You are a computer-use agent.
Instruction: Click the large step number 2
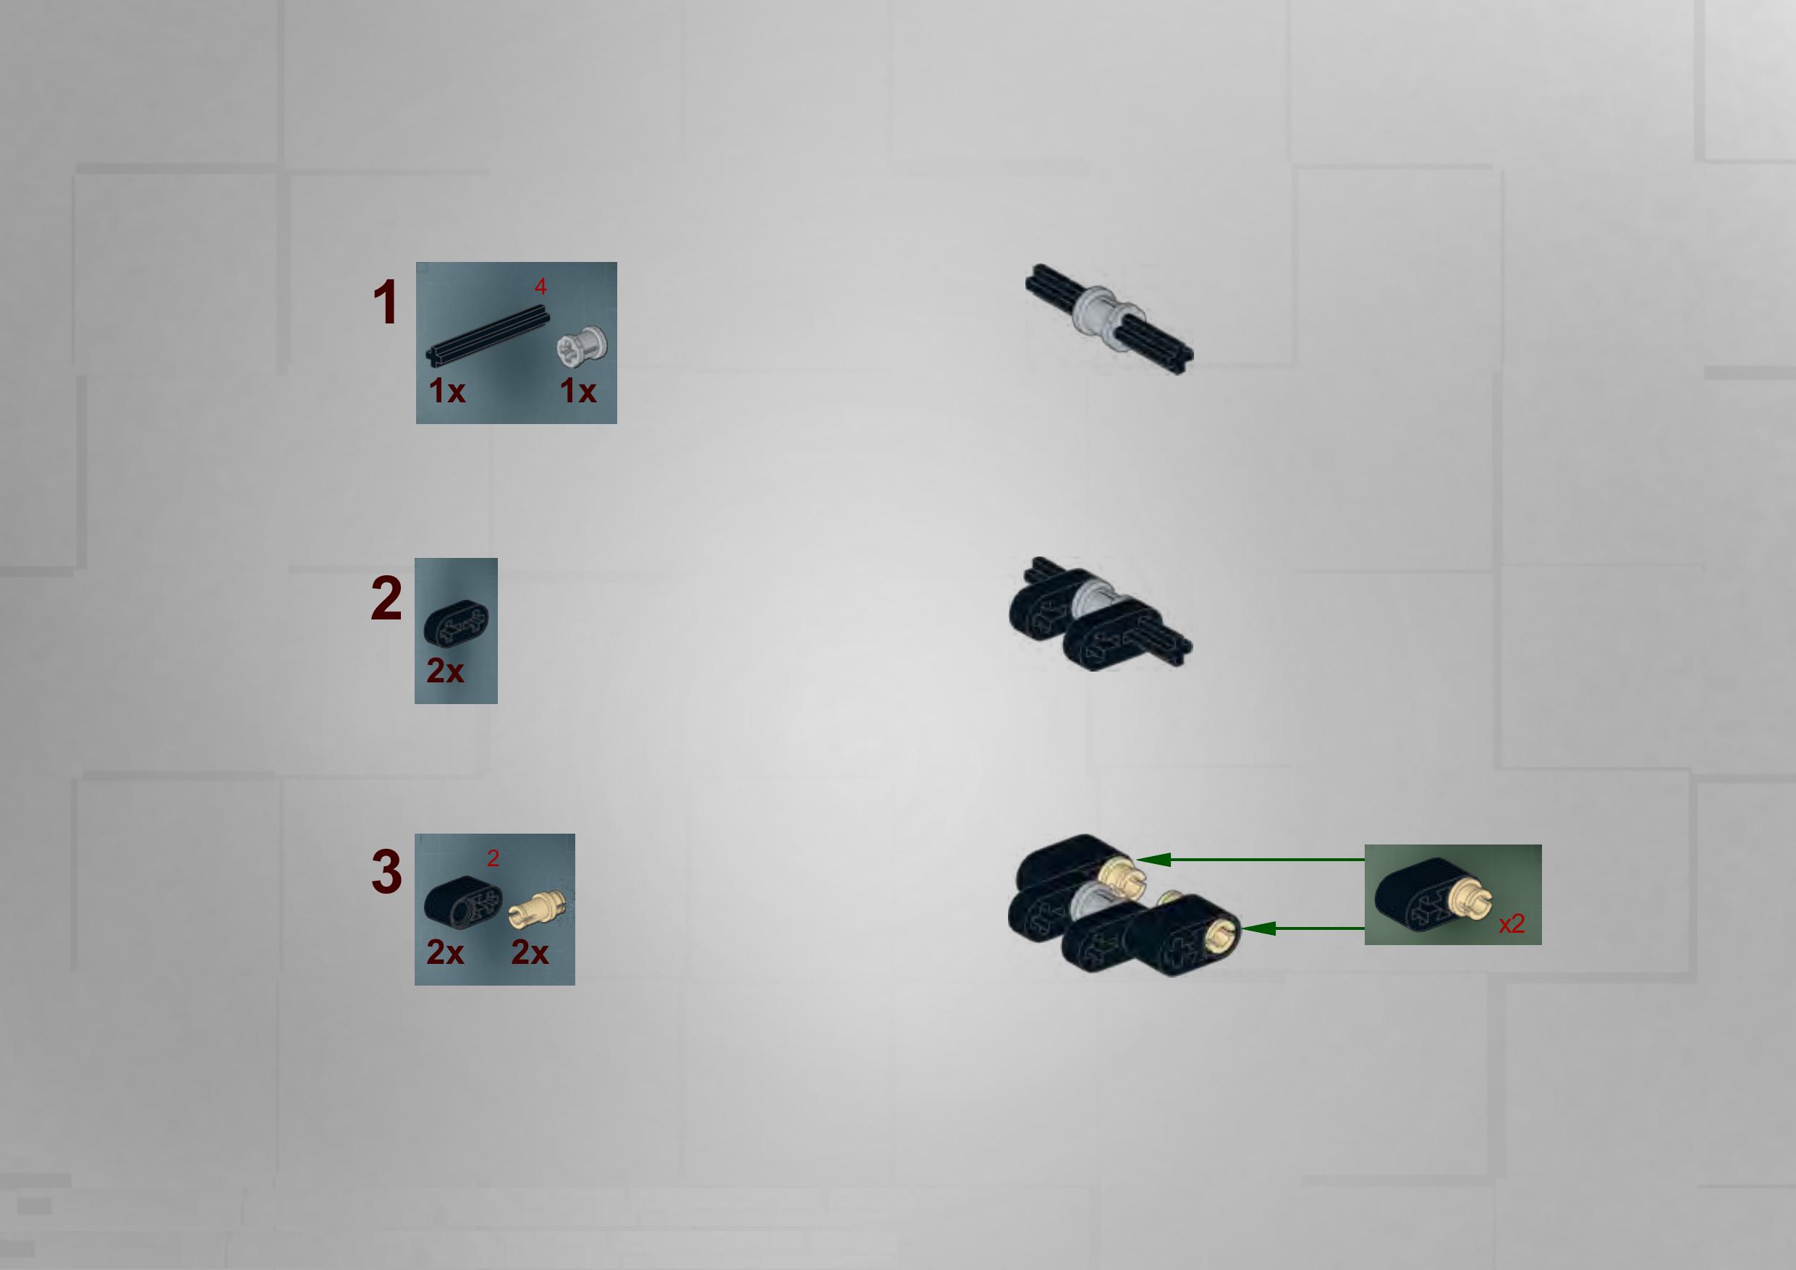click(x=386, y=598)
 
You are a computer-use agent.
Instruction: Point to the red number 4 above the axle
click(x=541, y=287)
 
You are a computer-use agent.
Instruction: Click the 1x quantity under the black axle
click(x=446, y=391)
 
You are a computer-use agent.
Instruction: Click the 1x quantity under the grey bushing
click(x=578, y=391)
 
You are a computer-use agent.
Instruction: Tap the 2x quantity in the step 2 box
click(x=445, y=671)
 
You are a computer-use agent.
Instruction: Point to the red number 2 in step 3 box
click(x=493, y=858)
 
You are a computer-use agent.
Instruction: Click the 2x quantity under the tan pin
click(x=530, y=952)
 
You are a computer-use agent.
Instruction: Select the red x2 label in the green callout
click(x=1512, y=924)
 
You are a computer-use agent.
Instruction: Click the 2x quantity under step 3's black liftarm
click(x=445, y=952)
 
